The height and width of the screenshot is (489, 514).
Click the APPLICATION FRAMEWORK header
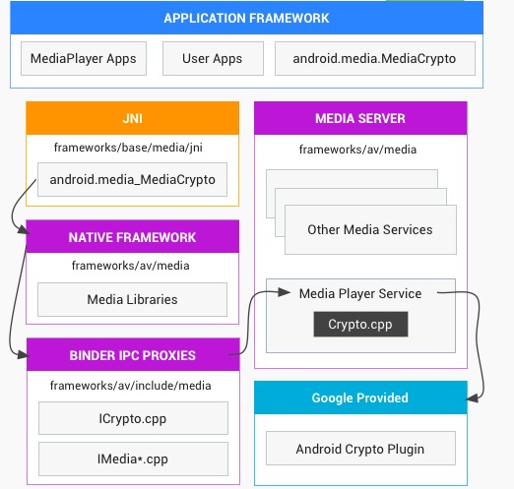pos(246,18)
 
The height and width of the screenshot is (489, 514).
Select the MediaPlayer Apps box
pos(84,58)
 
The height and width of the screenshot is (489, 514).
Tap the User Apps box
pos(213,58)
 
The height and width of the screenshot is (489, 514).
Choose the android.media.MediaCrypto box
pos(375,58)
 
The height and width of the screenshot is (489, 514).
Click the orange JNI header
pos(132,118)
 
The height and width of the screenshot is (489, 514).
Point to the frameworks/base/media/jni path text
pos(128,148)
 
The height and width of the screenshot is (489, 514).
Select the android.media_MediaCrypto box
pos(132,179)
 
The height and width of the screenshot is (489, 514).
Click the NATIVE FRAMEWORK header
pos(132,236)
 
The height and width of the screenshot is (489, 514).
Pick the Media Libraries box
pos(132,299)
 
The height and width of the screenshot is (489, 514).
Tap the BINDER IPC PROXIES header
pos(133,355)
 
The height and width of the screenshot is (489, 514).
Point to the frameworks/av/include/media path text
pos(130,386)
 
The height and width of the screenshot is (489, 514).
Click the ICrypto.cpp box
pos(133,418)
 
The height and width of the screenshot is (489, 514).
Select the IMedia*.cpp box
pos(133,458)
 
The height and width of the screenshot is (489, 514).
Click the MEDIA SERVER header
pos(360,118)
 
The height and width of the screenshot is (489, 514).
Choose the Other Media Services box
pos(370,229)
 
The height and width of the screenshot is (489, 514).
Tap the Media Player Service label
pos(360,293)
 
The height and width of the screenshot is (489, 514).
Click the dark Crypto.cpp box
pos(360,324)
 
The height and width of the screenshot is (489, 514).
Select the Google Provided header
pos(360,397)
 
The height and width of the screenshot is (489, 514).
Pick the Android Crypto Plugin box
pos(360,449)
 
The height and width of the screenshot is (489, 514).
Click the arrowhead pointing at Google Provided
pos(472,398)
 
